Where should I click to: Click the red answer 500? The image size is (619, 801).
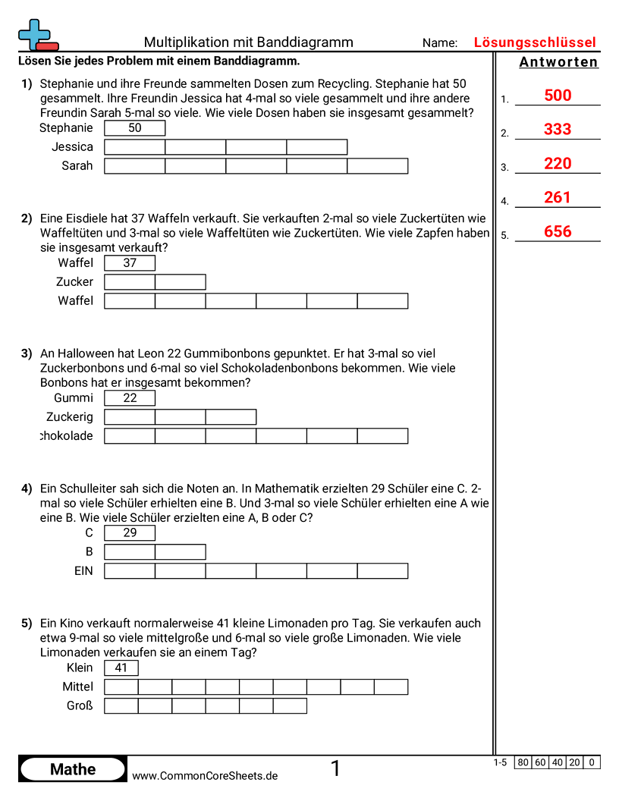point(558,96)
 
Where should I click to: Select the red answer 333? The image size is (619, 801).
point(558,130)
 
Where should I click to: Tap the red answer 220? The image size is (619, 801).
point(558,164)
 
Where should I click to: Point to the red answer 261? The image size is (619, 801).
point(558,198)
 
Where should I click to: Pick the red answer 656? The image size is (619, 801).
point(558,232)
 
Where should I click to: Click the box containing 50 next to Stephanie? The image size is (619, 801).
point(134,128)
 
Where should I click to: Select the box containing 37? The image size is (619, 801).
point(130,263)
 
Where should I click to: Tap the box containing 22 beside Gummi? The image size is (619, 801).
point(130,398)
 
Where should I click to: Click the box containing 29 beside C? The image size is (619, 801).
point(130,533)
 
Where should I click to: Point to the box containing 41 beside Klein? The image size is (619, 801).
point(121,668)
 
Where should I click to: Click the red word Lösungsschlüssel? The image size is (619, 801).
point(535,42)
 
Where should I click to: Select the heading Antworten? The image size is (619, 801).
point(558,62)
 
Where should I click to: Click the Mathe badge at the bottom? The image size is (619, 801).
point(73,769)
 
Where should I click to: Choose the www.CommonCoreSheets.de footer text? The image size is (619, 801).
point(205,775)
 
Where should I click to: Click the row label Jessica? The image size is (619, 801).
point(73,147)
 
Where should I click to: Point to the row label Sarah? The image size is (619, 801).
point(77,166)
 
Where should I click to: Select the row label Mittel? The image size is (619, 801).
point(78,687)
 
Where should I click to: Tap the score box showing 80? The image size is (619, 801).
point(523,762)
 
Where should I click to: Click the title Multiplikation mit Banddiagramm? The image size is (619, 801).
point(249,42)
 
